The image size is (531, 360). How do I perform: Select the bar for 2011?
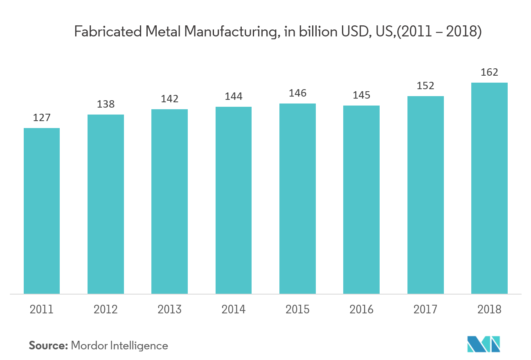click(x=42, y=211)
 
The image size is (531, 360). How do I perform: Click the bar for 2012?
click(x=106, y=204)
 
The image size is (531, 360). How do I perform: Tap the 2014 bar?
click(x=234, y=200)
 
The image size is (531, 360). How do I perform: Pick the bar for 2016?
click(x=361, y=199)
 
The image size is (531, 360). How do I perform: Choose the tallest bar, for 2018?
click(x=489, y=188)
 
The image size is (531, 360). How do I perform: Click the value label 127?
click(x=42, y=118)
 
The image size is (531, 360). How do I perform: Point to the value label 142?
click(x=169, y=99)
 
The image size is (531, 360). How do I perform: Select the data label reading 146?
click(x=297, y=93)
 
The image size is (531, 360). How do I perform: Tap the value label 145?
click(x=361, y=95)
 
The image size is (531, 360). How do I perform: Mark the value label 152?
click(x=425, y=86)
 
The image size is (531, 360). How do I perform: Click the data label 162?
click(x=489, y=72)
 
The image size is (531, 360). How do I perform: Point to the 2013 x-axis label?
click(x=169, y=309)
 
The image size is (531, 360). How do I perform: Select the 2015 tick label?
click(x=297, y=309)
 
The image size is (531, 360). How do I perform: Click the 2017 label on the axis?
click(x=425, y=309)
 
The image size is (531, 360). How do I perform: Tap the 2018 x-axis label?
click(x=489, y=309)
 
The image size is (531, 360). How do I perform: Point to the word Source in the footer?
click(x=47, y=346)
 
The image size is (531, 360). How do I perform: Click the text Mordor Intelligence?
click(x=119, y=346)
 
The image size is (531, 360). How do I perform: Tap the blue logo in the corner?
click(x=484, y=344)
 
